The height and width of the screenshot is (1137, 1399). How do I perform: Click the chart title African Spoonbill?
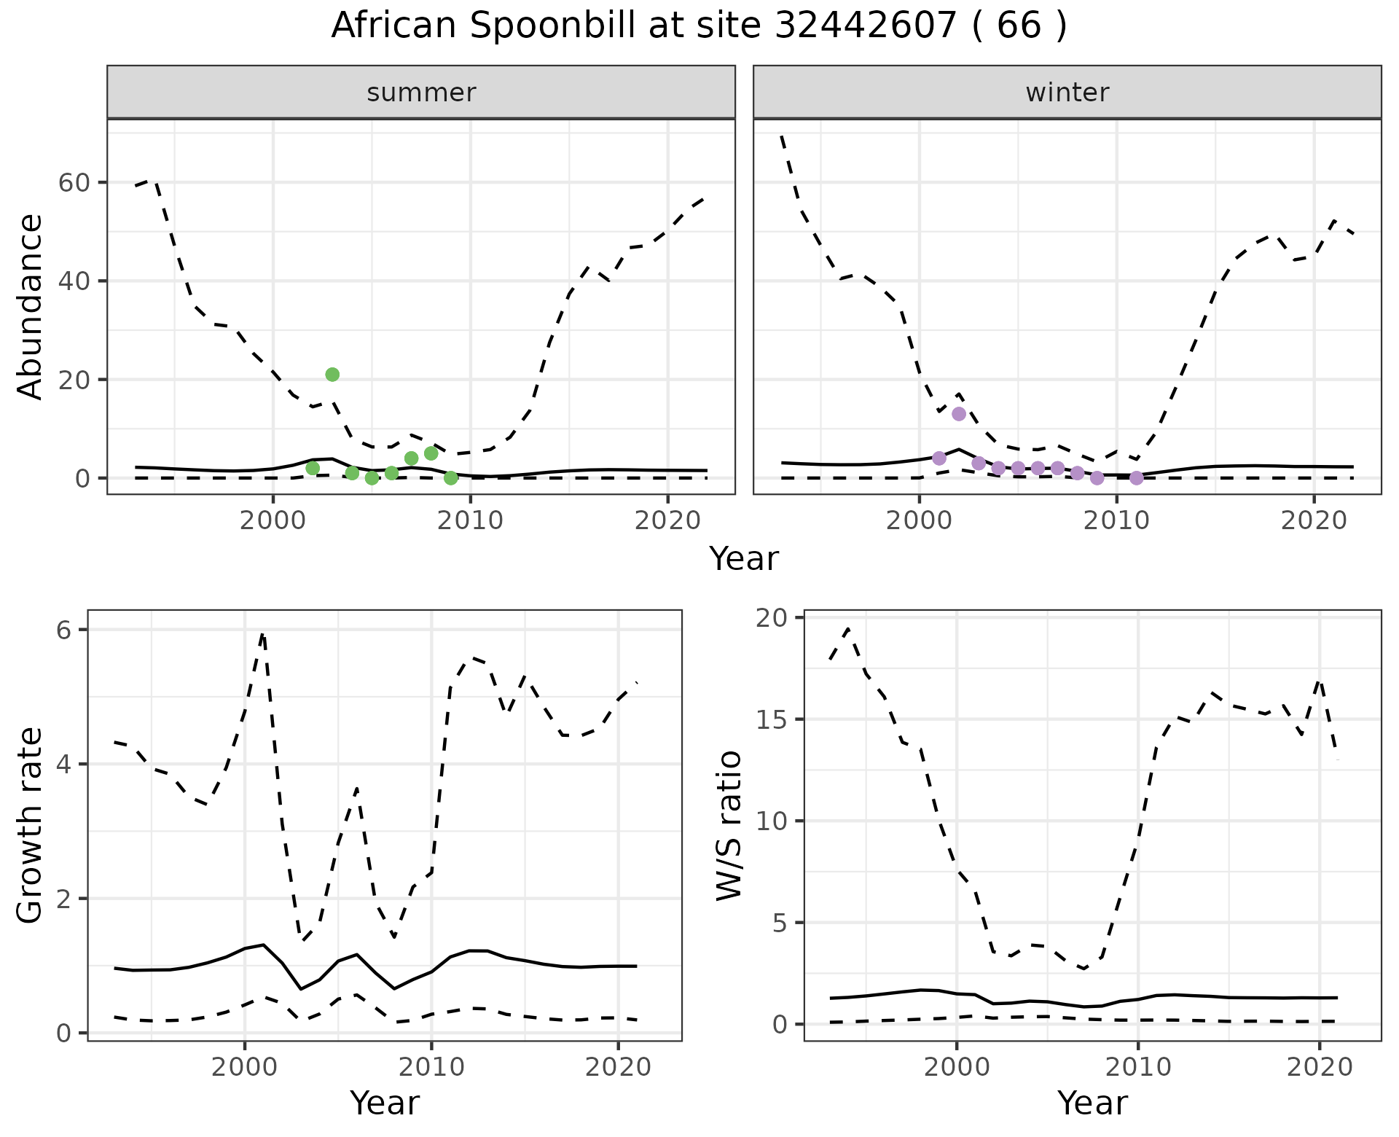pos(698,26)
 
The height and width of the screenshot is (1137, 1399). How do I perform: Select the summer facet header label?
pos(421,93)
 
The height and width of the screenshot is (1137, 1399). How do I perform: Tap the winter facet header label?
pos(1067,93)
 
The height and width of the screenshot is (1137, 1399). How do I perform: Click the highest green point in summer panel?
pos(332,375)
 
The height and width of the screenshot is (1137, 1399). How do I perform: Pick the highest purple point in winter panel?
pos(959,414)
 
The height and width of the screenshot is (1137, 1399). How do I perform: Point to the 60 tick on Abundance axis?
pos(73,182)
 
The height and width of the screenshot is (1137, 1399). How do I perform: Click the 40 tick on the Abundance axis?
pos(73,281)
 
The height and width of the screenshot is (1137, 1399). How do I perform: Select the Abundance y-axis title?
pos(31,307)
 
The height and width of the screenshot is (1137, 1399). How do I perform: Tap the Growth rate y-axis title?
pos(31,826)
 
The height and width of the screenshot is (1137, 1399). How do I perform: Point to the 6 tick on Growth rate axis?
pos(64,630)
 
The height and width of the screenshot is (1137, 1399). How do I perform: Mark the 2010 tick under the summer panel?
pos(471,520)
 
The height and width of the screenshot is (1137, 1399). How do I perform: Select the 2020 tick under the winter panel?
pos(1313,520)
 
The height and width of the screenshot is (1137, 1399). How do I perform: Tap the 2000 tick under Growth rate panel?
pos(245,1067)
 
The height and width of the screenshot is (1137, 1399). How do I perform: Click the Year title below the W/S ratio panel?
pos(1092,1103)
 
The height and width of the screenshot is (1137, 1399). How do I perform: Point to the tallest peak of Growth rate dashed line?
pos(262,633)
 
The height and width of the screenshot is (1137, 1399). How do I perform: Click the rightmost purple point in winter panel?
pos(1137,478)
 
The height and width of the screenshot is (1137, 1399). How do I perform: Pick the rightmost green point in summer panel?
pos(451,478)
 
